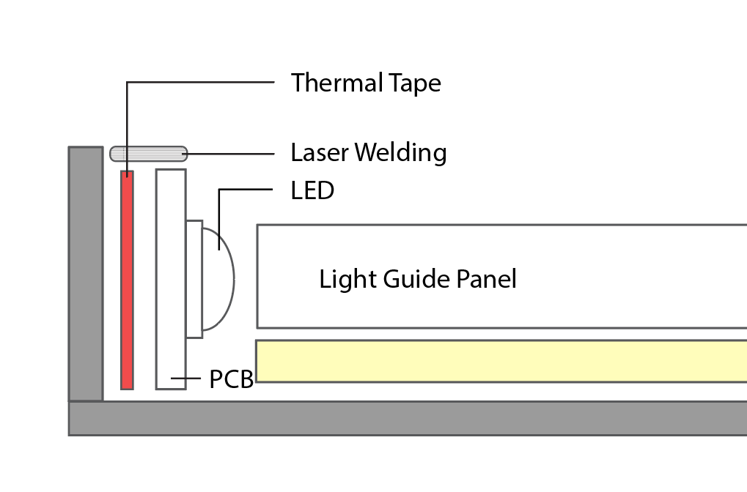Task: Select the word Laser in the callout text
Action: [x=320, y=153]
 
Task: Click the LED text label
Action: [x=312, y=191]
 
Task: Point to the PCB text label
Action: [x=231, y=379]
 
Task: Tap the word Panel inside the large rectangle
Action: [x=486, y=279]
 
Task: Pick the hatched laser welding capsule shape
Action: [x=149, y=154]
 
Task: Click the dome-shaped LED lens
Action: [x=218, y=279]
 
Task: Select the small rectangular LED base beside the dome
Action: [x=194, y=279]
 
